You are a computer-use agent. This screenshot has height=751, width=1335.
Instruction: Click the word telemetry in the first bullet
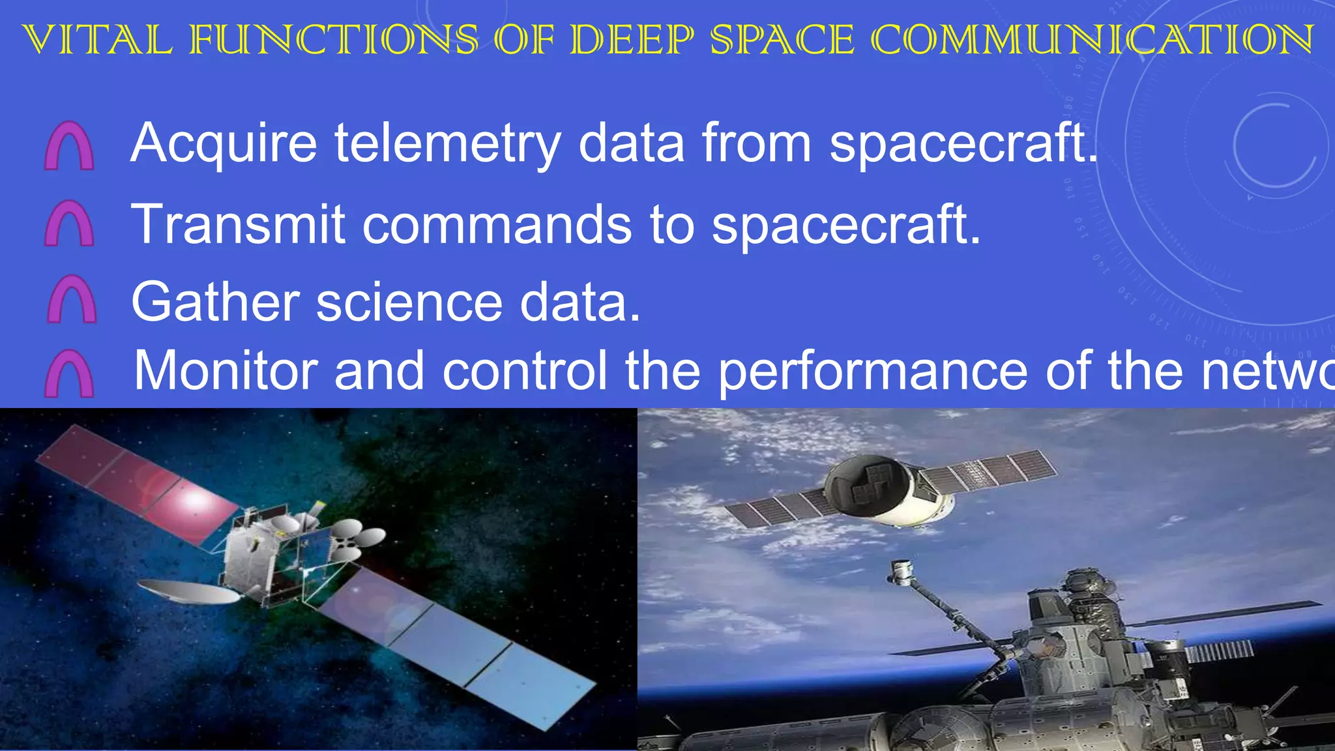[x=447, y=143]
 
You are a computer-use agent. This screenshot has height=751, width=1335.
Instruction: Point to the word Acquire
[x=224, y=143]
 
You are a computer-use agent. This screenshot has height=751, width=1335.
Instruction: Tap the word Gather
[x=214, y=302]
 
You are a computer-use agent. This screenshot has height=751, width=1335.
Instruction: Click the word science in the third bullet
[x=409, y=302]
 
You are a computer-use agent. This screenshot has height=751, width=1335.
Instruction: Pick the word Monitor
[x=226, y=370]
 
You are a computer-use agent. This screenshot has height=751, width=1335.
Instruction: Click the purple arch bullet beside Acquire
[x=69, y=147]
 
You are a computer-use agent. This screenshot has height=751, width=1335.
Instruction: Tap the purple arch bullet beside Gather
[x=72, y=300]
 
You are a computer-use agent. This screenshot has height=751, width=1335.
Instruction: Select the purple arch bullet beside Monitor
[x=69, y=374]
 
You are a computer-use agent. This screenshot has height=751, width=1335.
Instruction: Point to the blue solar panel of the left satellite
[x=456, y=642]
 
